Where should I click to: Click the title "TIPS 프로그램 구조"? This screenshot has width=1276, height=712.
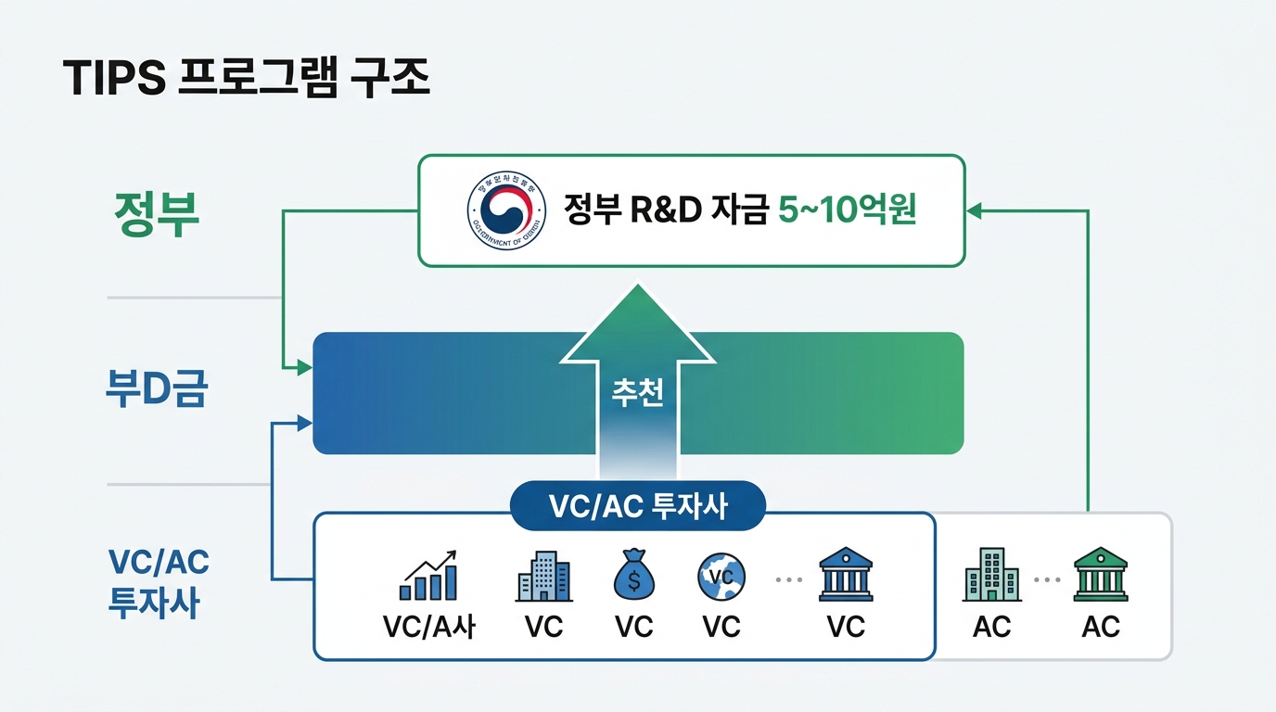coord(247,81)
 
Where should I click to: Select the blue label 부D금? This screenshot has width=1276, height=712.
coord(155,389)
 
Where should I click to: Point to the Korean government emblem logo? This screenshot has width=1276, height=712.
coord(501,210)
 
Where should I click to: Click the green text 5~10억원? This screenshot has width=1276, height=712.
coord(847,210)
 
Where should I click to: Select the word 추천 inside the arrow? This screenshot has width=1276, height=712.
coord(637,393)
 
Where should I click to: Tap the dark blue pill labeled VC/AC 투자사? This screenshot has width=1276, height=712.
coord(638,506)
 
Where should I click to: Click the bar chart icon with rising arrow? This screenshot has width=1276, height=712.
coord(428,576)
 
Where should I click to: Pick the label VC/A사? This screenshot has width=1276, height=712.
coord(428,627)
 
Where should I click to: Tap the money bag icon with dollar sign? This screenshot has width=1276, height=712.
coord(634,576)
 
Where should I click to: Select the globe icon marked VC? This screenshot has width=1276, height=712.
coord(721,576)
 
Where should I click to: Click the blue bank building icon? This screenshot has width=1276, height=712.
coord(845,576)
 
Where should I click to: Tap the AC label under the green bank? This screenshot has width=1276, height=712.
coord(1100,627)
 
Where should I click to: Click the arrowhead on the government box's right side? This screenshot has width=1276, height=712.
coord(975,210)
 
